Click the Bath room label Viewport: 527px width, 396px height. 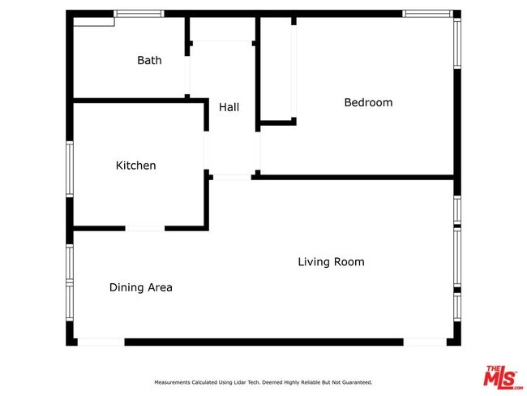tap(149, 60)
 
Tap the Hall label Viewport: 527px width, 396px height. tap(229, 107)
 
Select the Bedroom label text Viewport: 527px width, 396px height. tap(368, 102)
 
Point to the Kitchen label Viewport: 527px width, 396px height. tap(135, 166)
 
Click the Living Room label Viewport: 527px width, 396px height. tap(331, 262)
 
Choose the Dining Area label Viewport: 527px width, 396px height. tap(141, 287)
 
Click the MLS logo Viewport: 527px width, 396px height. tap(502, 377)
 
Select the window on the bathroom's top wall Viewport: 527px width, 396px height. tap(139, 14)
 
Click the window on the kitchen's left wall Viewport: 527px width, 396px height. tap(70, 169)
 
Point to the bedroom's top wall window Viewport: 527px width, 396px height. tap(427, 14)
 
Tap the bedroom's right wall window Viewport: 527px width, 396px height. tap(457, 43)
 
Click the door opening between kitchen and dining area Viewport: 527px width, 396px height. tap(145, 229)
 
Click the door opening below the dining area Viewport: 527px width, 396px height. tap(101, 342)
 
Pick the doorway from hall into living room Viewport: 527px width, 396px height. tap(232, 178)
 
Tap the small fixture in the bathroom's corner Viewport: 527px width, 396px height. tap(94, 22)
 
